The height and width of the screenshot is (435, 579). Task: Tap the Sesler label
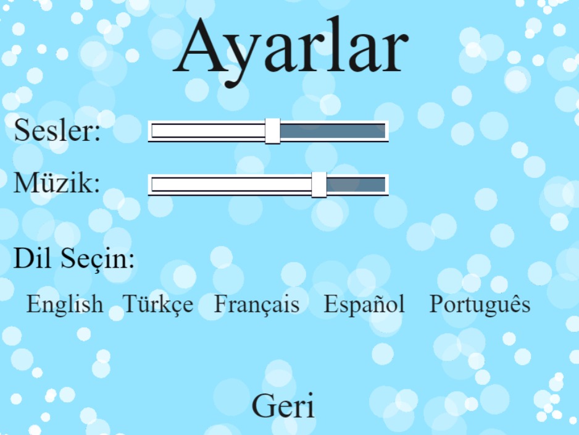[x=57, y=130]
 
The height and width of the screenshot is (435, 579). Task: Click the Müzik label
[x=57, y=182]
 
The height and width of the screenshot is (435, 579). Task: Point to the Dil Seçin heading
[x=74, y=258]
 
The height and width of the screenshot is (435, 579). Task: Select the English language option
[x=65, y=305]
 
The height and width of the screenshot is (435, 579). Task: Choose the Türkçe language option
[x=158, y=305]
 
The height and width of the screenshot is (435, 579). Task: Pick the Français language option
[x=257, y=305]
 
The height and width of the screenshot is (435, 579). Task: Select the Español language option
[x=364, y=305]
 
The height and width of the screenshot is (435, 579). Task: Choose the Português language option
[x=480, y=304]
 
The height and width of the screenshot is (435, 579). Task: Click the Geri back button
[x=283, y=405]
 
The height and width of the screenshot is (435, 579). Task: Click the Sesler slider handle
[x=272, y=131]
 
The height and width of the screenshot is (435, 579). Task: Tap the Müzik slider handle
[x=319, y=185]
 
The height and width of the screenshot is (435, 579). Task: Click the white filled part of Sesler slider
[x=209, y=131]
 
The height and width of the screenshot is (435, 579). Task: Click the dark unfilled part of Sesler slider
[x=333, y=131]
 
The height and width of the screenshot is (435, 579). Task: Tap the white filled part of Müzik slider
[x=231, y=185]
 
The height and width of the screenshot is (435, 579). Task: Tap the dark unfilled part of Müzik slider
[x=356, y=185]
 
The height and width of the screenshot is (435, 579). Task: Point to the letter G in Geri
[x=265, y=405]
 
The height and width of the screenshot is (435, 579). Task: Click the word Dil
[x=32, y=258]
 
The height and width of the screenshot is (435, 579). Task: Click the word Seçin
[x=98, y=260]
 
